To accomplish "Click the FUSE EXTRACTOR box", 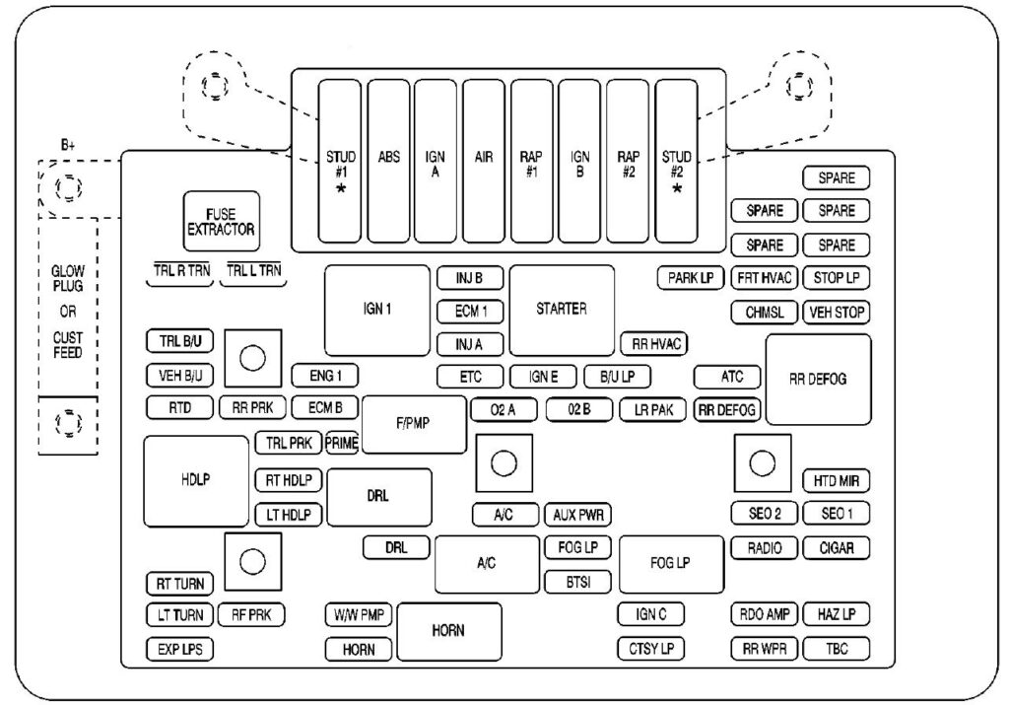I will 221,221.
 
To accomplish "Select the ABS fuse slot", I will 388,161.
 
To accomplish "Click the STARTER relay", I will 562,310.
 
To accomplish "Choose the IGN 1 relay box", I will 376,310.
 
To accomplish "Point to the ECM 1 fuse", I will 470,312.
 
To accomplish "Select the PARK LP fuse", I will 691,278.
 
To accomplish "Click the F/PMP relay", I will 414,424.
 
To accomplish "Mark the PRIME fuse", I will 342,443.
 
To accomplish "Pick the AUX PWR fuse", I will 577,514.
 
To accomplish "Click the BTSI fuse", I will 577,581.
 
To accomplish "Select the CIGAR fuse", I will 837,548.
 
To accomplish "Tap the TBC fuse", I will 837,649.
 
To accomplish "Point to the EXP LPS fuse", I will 179,650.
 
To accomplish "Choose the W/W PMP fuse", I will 359,615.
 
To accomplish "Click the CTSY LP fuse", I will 651,649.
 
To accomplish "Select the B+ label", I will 68,145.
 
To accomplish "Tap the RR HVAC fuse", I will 653,344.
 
